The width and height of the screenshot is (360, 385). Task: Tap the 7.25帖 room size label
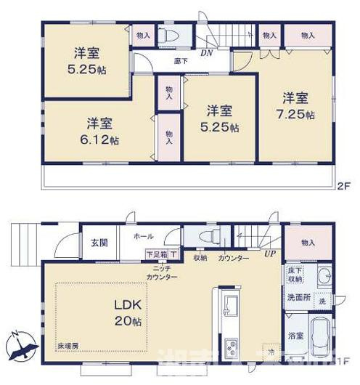298,115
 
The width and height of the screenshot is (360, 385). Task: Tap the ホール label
143,237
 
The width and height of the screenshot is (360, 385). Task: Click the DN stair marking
207,53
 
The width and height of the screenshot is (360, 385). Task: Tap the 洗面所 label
296,297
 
